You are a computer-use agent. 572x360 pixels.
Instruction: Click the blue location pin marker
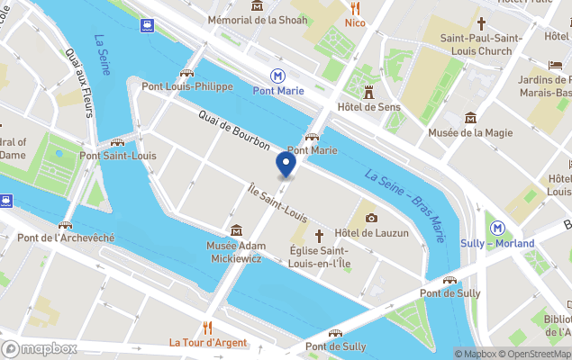286,164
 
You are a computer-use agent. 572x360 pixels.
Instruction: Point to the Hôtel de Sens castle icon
368,91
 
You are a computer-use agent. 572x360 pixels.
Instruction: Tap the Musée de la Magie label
470,133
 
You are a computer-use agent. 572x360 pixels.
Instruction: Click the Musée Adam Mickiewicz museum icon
236,230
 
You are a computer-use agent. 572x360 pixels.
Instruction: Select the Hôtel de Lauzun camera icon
371,218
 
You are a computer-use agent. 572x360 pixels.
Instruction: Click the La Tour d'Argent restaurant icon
207,328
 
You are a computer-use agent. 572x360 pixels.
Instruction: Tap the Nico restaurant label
355,22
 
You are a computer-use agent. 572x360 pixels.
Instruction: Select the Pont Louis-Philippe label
187,86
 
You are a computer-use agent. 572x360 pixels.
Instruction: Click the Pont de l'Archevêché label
66,238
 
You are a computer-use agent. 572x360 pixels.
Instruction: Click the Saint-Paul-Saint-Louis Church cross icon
481,23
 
